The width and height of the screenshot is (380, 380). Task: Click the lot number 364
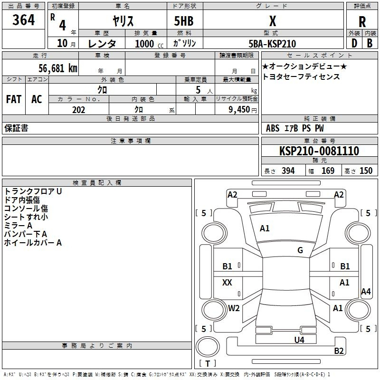click(24, 20)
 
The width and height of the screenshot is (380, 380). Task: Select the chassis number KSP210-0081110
click(319, 151)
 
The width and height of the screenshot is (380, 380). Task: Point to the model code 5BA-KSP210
click(272, 44)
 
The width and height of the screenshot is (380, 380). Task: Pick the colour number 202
click(78, 110)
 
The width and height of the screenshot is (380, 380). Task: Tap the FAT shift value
click(13, 99)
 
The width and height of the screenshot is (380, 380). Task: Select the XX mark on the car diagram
click(227, 283)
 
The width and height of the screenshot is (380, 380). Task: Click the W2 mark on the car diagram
click(234, 308)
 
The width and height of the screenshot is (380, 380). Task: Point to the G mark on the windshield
click(300, 250)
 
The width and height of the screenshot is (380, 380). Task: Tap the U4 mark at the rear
click(299, 340)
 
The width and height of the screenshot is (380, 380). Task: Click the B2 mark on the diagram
click(339, 351)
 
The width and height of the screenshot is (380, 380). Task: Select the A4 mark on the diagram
click(366, 292)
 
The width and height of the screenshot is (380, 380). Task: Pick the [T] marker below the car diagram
click(207, 364)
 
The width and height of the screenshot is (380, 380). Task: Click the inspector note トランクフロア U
click(33, 191)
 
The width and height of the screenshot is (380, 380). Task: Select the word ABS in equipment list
click(273, 128)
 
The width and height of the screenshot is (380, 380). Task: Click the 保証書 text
click(16, 128)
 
